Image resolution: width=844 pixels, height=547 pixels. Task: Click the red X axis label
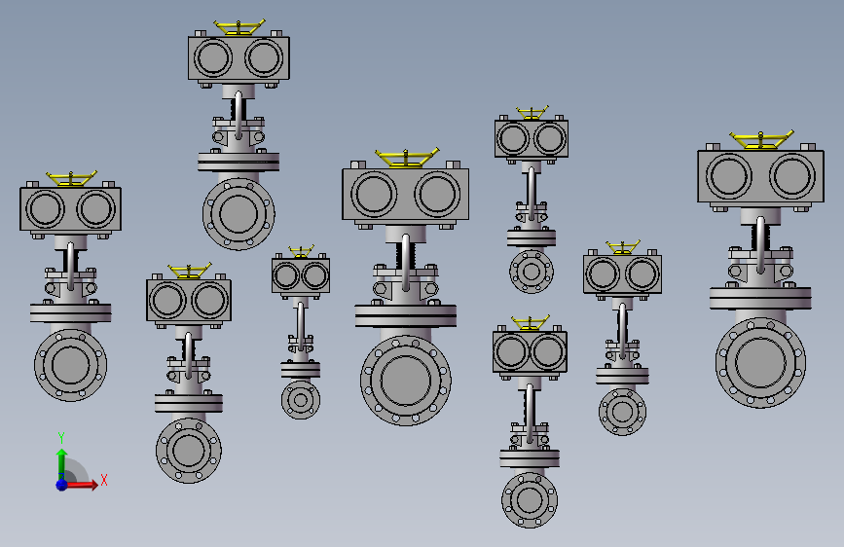[x=104, y=480]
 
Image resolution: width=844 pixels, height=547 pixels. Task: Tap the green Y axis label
[x=61, y=438]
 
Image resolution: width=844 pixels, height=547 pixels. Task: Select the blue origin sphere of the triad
[x=62, y=485]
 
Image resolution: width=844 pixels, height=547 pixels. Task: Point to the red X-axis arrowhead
[x=94, y=485]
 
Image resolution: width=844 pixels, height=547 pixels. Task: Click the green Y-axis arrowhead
[x=62, y=454]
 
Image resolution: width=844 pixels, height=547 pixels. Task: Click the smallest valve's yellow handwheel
[x=301, y=251]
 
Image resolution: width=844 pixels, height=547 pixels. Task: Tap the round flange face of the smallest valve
[x=301, y=400]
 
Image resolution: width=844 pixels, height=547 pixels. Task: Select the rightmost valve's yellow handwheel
[x=761, y=139]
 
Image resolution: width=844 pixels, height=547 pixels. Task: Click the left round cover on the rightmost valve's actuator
[x=729, y=175]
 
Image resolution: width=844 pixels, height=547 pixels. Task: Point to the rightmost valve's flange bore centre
[x=760, y=362]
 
